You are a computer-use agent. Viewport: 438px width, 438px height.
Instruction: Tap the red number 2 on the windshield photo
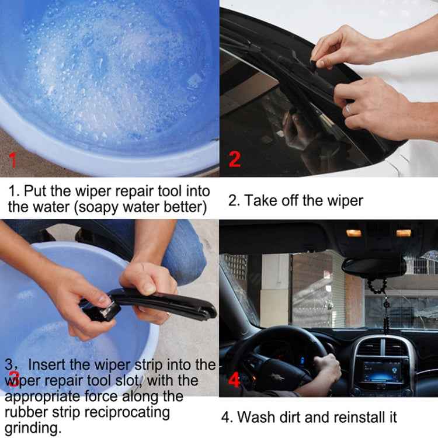234,159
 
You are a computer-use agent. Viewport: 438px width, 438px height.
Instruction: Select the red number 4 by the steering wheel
234,381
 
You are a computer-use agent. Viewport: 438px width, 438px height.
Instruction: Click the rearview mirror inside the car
374,266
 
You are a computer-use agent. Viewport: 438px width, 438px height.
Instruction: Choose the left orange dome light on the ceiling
354,233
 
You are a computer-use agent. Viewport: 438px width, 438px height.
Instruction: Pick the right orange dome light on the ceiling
404,233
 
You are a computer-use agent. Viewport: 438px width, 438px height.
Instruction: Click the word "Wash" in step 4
255,417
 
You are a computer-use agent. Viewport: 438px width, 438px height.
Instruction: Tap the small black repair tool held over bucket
98,308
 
